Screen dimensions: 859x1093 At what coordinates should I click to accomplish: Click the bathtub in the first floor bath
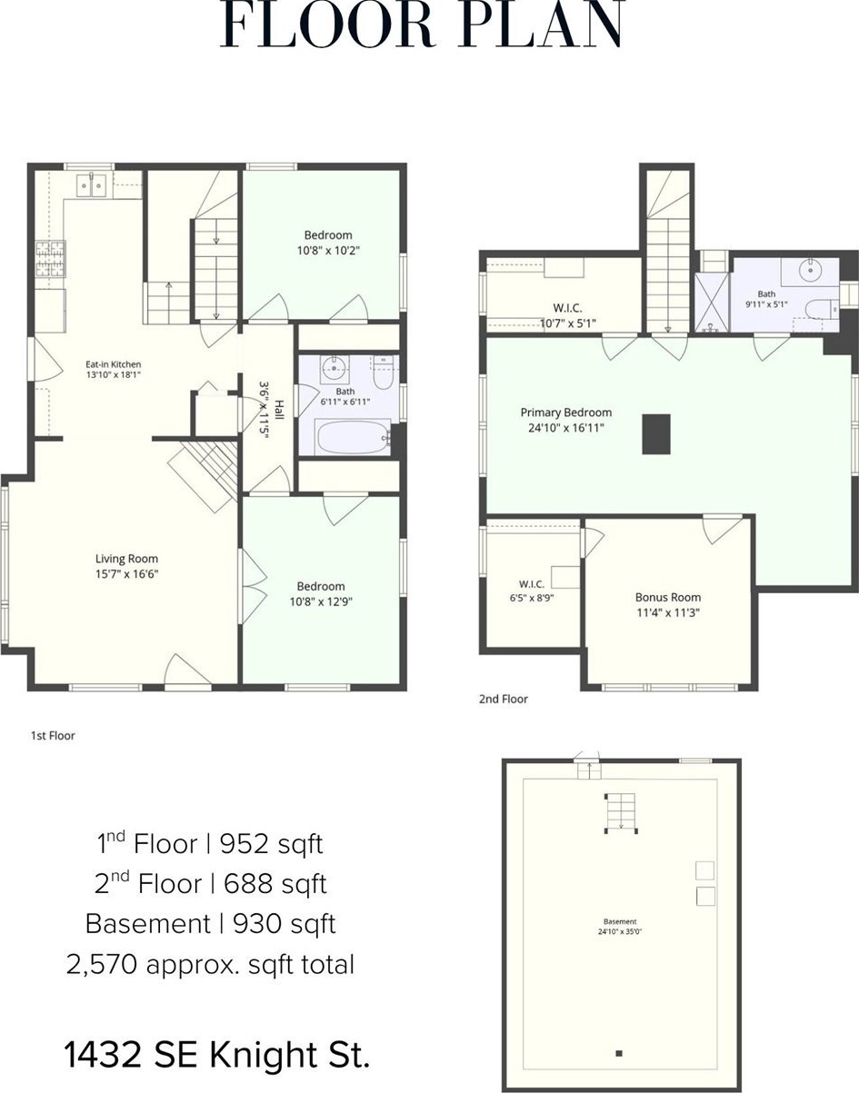(x=354, y=437)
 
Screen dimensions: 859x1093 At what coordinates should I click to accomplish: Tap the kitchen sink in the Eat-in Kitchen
(x=91, y=184)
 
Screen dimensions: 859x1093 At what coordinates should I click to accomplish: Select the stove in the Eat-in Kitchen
(x=51, y=259)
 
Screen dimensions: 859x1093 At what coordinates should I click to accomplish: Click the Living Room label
(x=127, y=559)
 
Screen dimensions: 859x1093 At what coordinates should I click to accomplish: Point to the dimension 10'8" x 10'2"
(x=329, y=251)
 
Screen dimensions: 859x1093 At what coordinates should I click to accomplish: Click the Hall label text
(x=279, y=410)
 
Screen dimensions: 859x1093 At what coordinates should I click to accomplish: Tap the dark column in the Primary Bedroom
(x=656, y=434)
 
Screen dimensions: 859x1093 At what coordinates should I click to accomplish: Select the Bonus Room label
(x=668, y=597)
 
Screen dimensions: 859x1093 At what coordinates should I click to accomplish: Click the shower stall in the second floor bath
(x=712, y=303)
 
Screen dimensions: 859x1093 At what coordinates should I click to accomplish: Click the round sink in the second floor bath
(x=810, y=271)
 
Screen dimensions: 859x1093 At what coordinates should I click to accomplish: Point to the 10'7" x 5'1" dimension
(x=567, y=323)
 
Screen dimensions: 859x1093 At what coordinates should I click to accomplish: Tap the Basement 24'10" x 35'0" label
(x=619, y=926)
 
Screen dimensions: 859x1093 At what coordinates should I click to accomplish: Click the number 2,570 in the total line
(x=102, y=965)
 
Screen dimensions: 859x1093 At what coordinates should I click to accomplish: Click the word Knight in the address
(x=264, y=1055)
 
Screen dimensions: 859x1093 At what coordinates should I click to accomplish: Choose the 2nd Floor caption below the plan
(x=504, y=699)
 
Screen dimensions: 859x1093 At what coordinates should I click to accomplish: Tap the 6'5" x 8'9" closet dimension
(x=532, y=598)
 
